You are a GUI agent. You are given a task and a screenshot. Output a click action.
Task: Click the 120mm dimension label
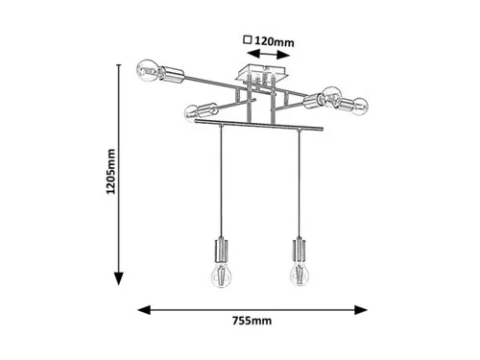274,41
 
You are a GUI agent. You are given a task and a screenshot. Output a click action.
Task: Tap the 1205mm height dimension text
110,172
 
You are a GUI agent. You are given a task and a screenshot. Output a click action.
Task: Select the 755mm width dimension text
252,321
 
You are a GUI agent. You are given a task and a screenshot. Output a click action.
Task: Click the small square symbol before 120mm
248,39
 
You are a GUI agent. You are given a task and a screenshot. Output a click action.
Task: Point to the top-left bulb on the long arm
148,70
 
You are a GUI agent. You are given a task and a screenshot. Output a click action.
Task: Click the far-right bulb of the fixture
360,107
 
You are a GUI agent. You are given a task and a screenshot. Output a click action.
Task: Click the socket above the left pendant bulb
221,250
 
